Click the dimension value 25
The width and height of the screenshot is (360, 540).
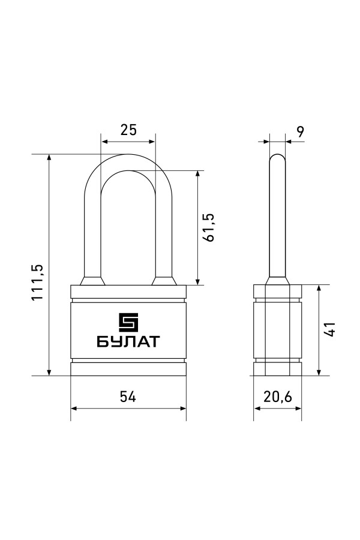pos(128,130)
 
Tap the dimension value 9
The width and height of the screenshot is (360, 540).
pos(301,131)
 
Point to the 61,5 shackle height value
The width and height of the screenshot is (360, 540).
pos(209,227)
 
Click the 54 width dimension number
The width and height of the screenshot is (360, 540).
pos(128,397)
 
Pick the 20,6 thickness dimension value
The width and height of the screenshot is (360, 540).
pos(278,397)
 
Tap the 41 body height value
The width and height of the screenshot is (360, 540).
pos(330,329)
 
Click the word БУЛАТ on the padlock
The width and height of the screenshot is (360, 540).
pos(128,341)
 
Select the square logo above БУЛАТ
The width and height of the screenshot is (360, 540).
pos(128,323)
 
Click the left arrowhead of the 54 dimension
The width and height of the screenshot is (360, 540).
pos(74,409)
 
